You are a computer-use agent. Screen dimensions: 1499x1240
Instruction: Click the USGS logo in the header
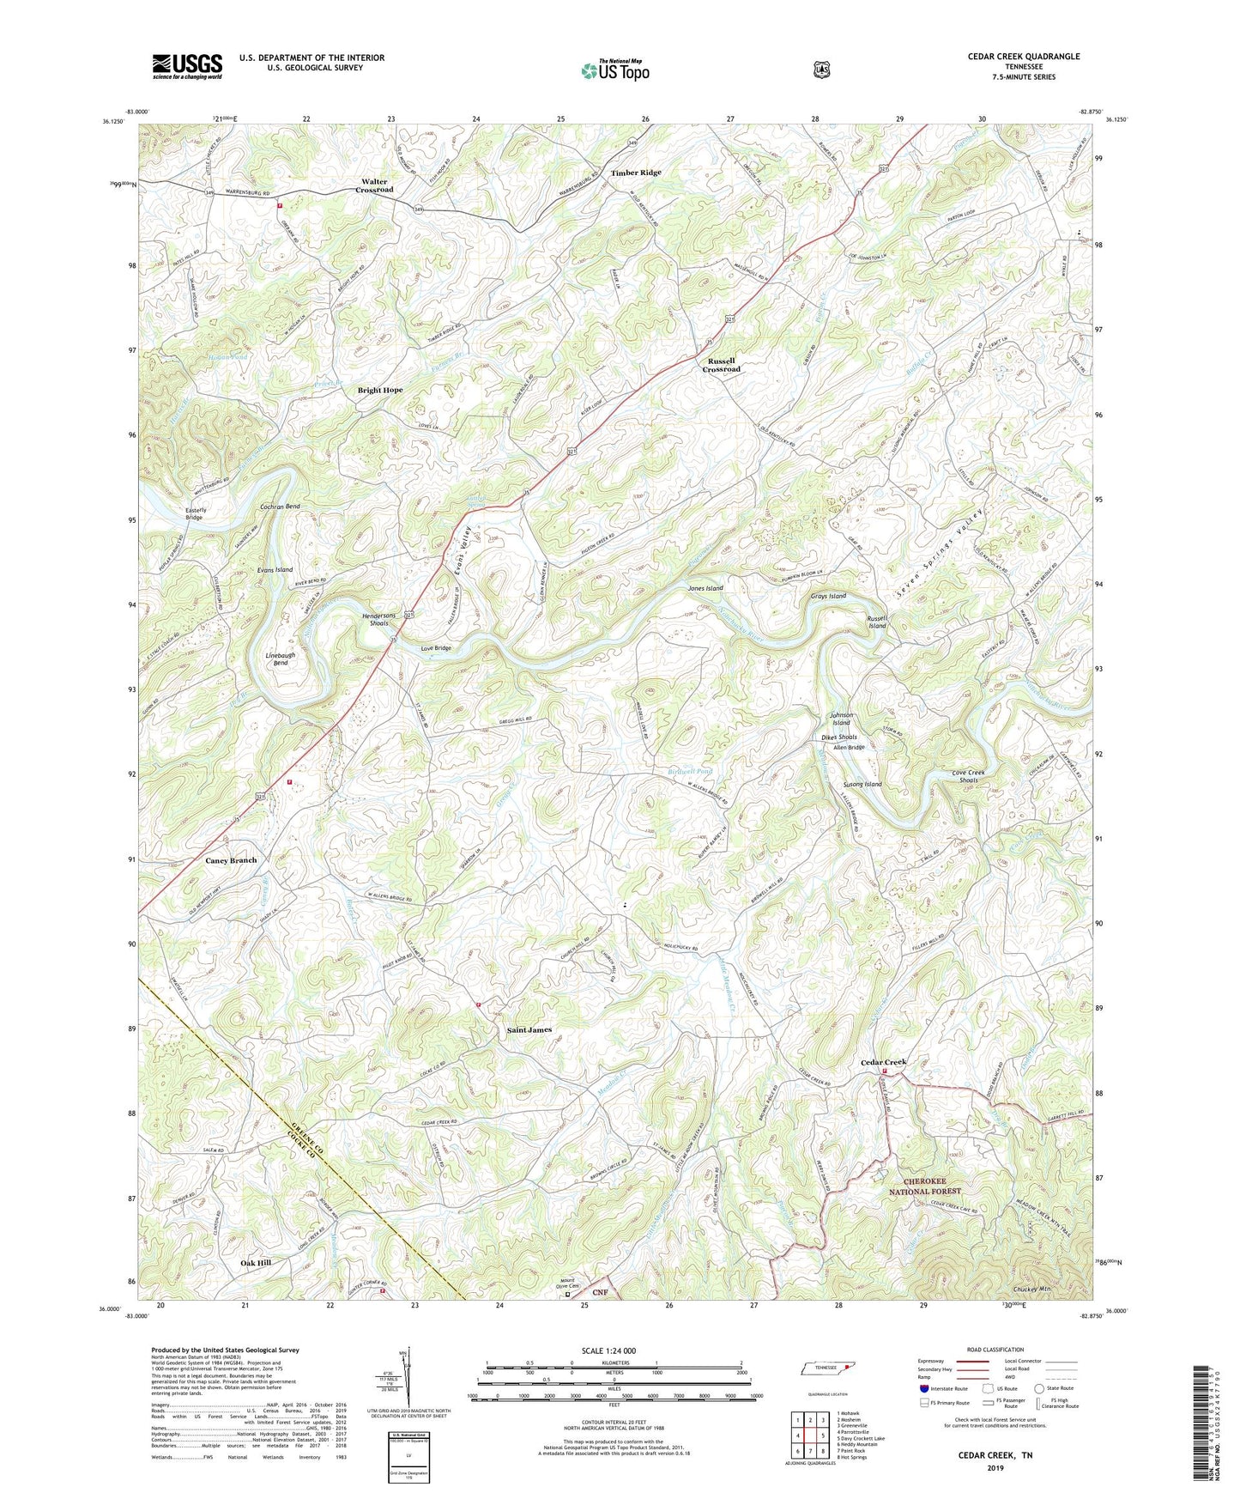click(187, 66)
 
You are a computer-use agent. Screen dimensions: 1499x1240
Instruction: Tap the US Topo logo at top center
click(614, 70)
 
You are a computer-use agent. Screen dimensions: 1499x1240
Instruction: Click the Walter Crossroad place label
click(374, 185)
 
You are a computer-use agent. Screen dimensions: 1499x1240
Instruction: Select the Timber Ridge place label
click(636, 173)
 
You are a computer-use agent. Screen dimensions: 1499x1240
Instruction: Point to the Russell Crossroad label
click(721, 365)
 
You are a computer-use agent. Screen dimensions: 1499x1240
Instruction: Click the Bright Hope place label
click(380, 390)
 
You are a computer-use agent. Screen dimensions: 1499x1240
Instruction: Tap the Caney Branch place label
click(231, 860)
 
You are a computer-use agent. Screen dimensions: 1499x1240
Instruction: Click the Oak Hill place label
click(256, 1263)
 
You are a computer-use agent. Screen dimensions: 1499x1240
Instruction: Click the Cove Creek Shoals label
click(969, 776)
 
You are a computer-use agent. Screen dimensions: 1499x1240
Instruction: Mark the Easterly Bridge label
click(194, 513)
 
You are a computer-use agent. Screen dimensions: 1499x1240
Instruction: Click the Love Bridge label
click(436, 648)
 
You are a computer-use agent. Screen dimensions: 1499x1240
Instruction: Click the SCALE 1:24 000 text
click(608, 1350)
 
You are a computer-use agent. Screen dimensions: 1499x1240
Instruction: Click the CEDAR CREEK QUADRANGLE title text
click(1024, 57)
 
